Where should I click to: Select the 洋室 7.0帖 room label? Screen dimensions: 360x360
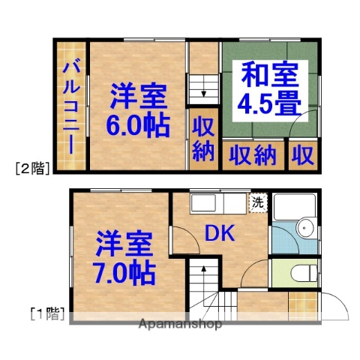[x=124, y=258]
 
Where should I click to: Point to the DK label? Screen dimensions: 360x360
[x=220, y=234]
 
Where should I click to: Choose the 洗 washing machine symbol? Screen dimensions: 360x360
[x=257, y=202]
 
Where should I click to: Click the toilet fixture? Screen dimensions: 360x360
[x=303, y=274]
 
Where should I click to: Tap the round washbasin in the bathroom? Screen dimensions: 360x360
[x=305, y=228]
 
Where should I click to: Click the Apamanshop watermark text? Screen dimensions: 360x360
[x=180, y=325]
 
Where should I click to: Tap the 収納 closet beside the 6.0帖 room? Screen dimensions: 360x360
[x=202, y=139]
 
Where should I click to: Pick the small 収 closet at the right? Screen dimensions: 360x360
[x=303, y=156]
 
